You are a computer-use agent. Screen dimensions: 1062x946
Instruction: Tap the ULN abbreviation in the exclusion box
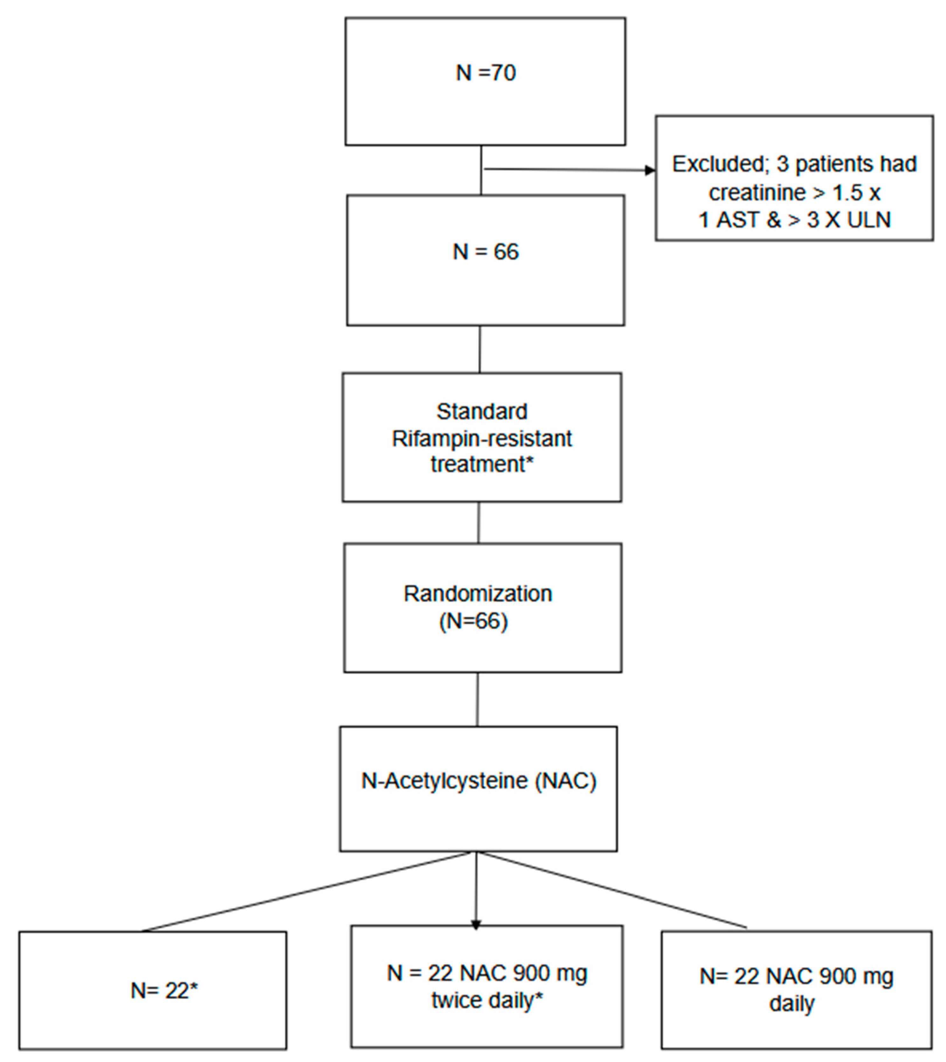(x=869, y=220)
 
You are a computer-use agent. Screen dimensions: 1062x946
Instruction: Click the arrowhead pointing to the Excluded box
(x=650, y=171)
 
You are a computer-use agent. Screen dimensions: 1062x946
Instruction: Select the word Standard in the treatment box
(x=482, y=412)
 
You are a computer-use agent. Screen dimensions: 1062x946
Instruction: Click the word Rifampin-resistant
(x=482, y=439)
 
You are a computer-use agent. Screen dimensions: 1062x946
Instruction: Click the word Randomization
(x=478, y=594)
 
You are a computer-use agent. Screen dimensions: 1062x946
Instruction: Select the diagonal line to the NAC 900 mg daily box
(x=613, y=890)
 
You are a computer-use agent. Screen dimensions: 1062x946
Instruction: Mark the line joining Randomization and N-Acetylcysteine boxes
(x=477, y=699)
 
